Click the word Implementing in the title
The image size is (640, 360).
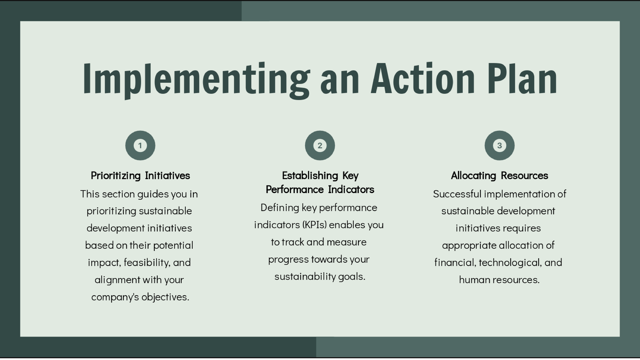(196, 80)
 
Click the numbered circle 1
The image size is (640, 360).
(140, 145)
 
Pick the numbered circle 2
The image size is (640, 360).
(320, 145)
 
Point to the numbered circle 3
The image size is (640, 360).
(500, 145)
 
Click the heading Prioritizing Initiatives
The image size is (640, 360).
(140, 176)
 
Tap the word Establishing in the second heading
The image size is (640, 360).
(310, 176)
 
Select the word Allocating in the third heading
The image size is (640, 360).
(473, 176)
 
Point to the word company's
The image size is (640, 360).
(115, 297)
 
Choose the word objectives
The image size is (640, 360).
(165, 297)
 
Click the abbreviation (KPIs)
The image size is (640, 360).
(314, 225)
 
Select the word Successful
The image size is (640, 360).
(457, 194)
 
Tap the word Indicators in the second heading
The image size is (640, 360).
(351, 189)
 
